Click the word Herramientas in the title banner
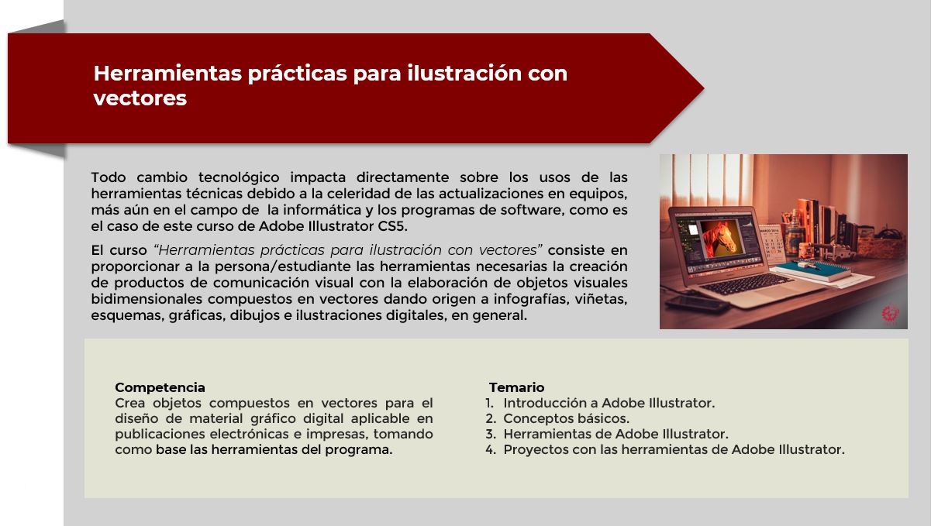167,73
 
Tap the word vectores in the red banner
140,98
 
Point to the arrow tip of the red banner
703,88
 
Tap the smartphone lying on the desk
697,304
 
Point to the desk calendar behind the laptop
771,243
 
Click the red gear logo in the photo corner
890,313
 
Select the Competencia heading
160,387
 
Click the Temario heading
516,387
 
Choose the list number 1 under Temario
489,403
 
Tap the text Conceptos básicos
567,418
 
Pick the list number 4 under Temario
491,449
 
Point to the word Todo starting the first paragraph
109,177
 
